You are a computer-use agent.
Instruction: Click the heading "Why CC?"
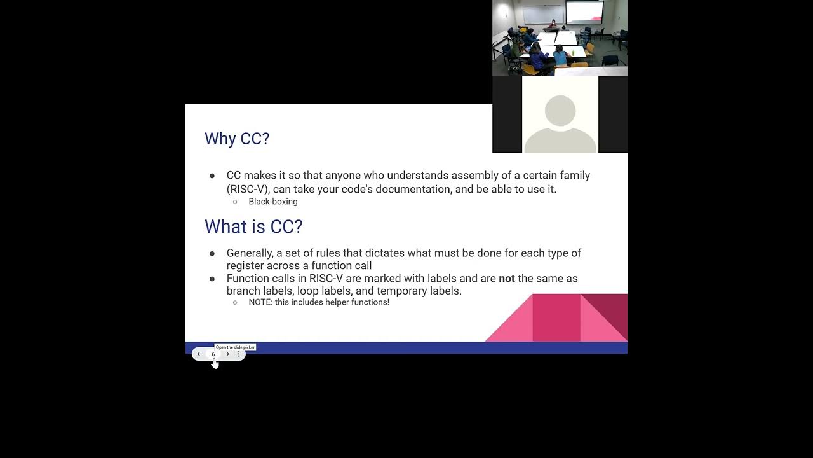[x=237, y=139]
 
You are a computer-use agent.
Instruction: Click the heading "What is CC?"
[x=253, y=226]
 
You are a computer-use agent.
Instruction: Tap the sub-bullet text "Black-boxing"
[x=273, y=202]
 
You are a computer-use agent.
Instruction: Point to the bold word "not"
[x=507, y=279]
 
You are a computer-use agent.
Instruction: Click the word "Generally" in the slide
[x=250, y=253]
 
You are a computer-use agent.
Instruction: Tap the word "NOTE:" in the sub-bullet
[x=260, y=302]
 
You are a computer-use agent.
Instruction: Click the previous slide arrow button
[x=199, y=354]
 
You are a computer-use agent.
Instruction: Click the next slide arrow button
[x=228, y=354]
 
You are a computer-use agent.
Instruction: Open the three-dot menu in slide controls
[x=239, y=354]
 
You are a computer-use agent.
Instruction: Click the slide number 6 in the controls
[x=213, y=354]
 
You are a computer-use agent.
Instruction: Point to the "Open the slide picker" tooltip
[x=235, y=347]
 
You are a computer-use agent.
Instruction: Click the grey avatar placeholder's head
[x=560, y=111]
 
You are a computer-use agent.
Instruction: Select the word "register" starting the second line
[x=245, y=265]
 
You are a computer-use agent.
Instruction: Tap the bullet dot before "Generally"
[x=212, y=253]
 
